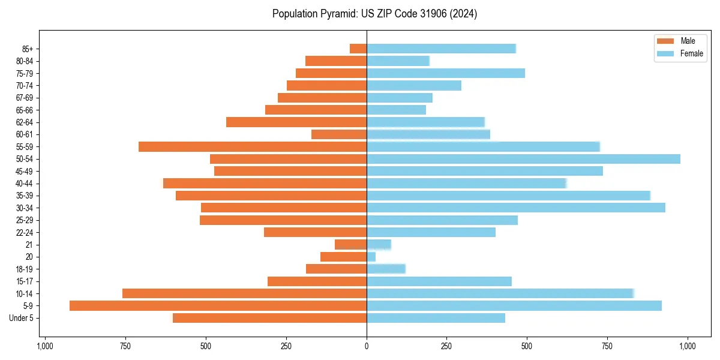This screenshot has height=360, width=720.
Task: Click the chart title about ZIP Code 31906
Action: pyautogui.click(x=374, y=14)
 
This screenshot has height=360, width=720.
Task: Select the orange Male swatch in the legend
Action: pyautogui.click(x=665, y=41)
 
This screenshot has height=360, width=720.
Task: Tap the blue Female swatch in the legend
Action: pyautogui.click(x=665, y=53)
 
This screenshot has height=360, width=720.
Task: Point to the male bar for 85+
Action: pyautogui.click(x=358, y=49)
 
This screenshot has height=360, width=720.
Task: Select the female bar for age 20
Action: pyautogui.click(x=371, y=257)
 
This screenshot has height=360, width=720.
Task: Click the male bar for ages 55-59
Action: pyautogui.click(x=253, y=146)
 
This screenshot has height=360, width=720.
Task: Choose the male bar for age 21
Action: pyautogui.click(x=351, y=245)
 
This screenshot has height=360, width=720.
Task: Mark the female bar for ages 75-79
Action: pyautogui.click(x=446, y=73)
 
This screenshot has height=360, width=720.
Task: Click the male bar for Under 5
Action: pyautogui.click(x=269, y=318)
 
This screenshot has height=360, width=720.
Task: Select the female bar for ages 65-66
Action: pyautogui.click(x=396, y=110)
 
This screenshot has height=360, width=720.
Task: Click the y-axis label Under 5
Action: pyautogui.click(x=22, y=318)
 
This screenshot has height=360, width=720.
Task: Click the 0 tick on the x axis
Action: pyautogui.click(x=367, y=346)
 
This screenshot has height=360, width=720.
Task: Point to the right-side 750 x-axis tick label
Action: pyautogui.click(x=607, y=346)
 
